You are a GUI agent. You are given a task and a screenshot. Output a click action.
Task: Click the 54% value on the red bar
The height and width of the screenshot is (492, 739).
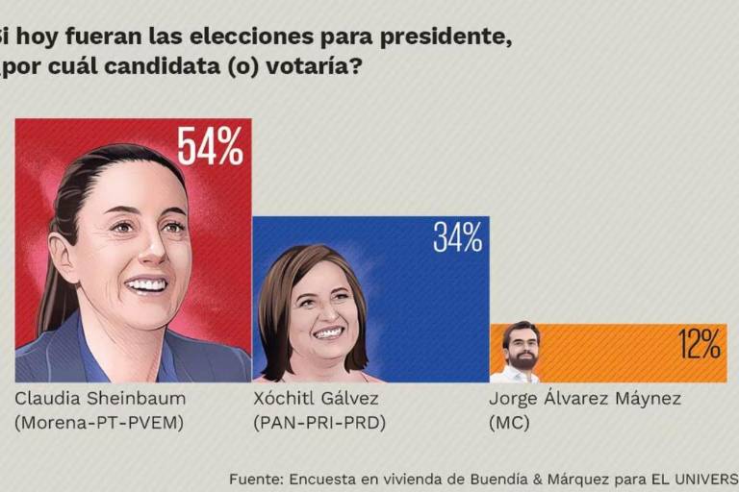click(210, 145)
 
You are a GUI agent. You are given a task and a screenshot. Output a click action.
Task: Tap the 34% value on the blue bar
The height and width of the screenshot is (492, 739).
click(457, 237)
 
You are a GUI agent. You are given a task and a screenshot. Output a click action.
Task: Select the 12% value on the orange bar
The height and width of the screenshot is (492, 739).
click(699, 343)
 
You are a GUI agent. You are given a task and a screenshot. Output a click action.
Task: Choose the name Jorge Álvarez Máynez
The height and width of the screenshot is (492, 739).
click(585, 399)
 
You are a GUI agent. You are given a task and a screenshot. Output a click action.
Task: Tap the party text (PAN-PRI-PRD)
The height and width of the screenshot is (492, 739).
click(319, 422)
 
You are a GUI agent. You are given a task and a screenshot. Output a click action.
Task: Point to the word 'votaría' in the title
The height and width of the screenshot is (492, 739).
click(321, 70)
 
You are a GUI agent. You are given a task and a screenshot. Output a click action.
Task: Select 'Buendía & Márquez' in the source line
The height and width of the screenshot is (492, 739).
click(528, 478)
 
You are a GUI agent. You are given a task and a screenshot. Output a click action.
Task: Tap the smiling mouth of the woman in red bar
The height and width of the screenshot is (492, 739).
click(146, 284)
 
